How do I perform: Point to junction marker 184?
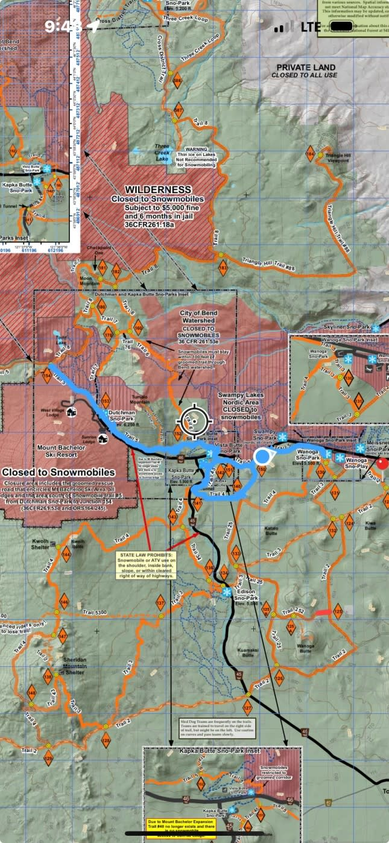click(311, 155)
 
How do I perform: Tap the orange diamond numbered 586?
click(177, 81)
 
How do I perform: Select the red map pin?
click(382, 464)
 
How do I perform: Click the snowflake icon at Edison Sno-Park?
click(227, 593)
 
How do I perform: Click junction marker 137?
click(160, 604)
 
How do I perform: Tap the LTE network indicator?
click(311, 27)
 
